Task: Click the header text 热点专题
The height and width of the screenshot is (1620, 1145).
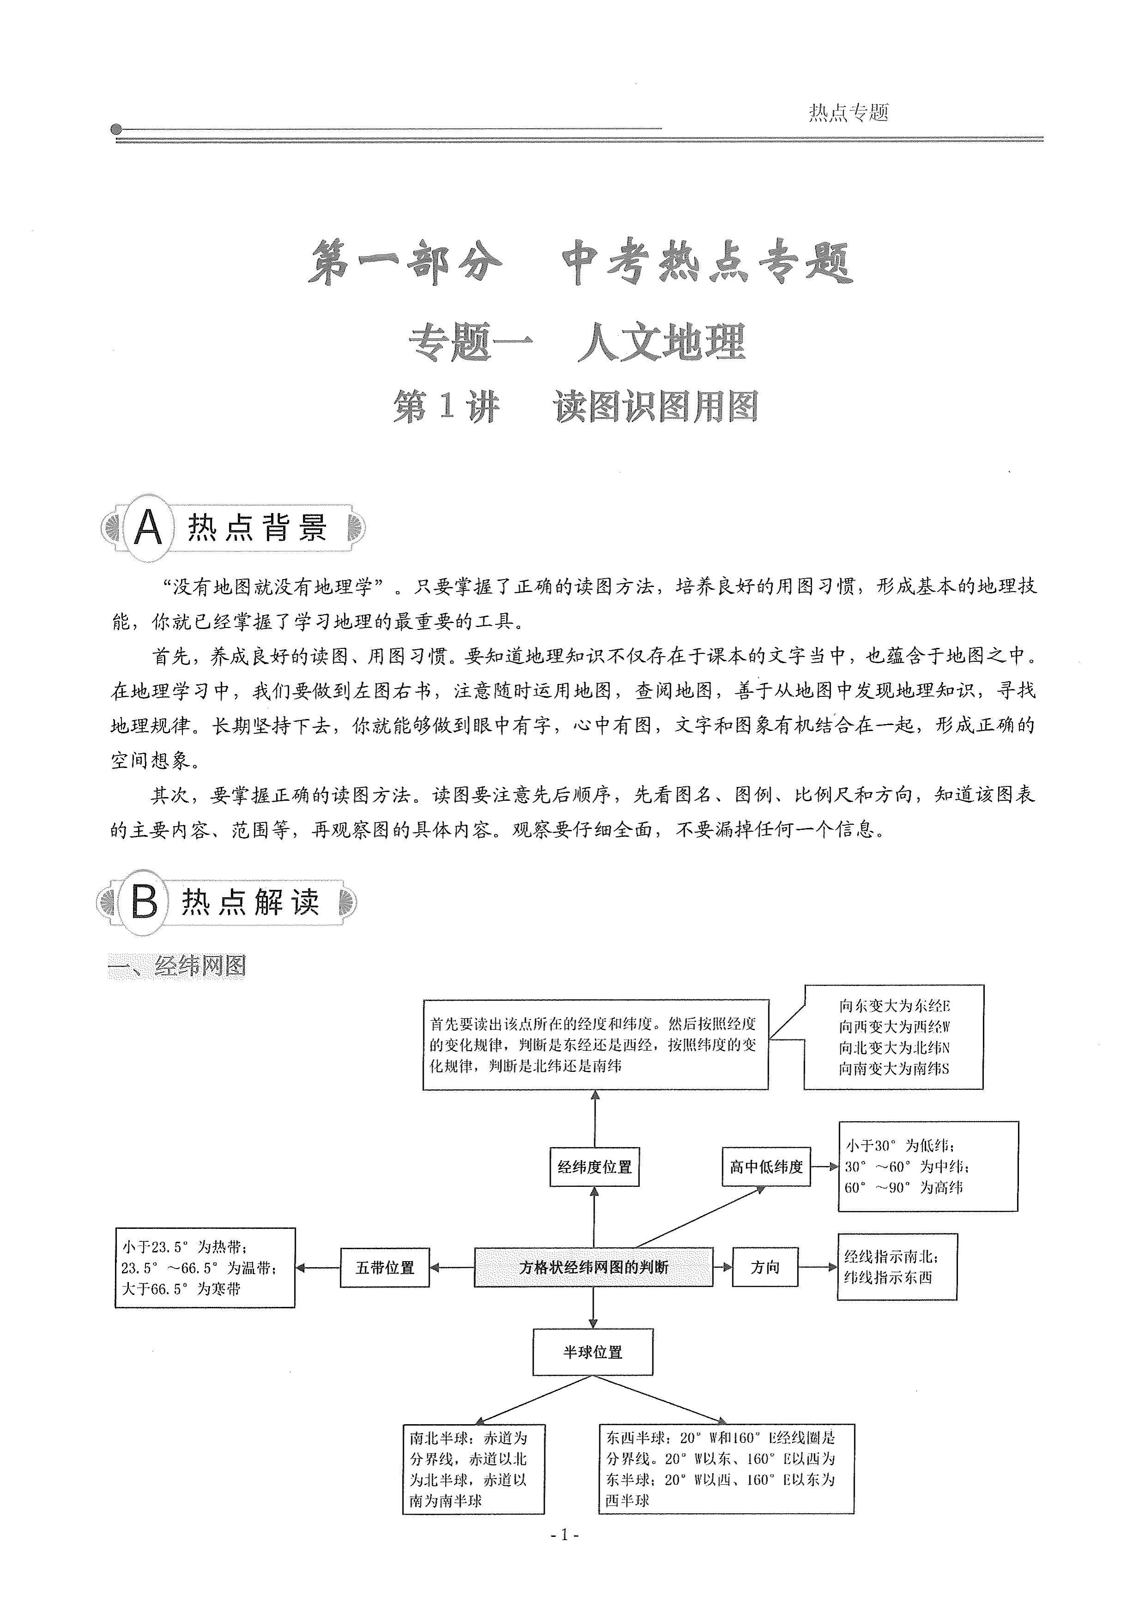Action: (x=848, y=112)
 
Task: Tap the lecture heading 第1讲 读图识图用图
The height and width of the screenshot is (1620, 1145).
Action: (x=575, y=407)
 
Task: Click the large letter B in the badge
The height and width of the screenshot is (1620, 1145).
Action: (x=145, y=902)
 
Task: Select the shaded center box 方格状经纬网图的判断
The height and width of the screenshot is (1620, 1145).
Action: (x=593, y=1267)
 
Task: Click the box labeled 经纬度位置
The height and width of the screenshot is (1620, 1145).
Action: (x=595, y=1167)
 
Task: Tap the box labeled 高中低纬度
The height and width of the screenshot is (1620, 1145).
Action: (x=766, y=1167)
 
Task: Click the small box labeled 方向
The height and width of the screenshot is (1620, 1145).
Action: (x=765, y=1267)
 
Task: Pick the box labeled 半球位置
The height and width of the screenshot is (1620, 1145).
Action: (x=593, y=1352)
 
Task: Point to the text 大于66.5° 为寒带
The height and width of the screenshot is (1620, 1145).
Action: (x=181, y=1288)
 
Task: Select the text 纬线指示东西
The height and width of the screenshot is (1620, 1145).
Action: (x=888, y=1277)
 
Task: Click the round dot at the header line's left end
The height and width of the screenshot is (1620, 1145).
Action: (x=116, y=130)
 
